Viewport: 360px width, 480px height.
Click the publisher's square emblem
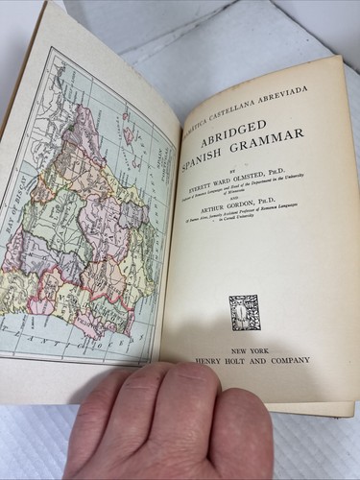pos(245,312)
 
